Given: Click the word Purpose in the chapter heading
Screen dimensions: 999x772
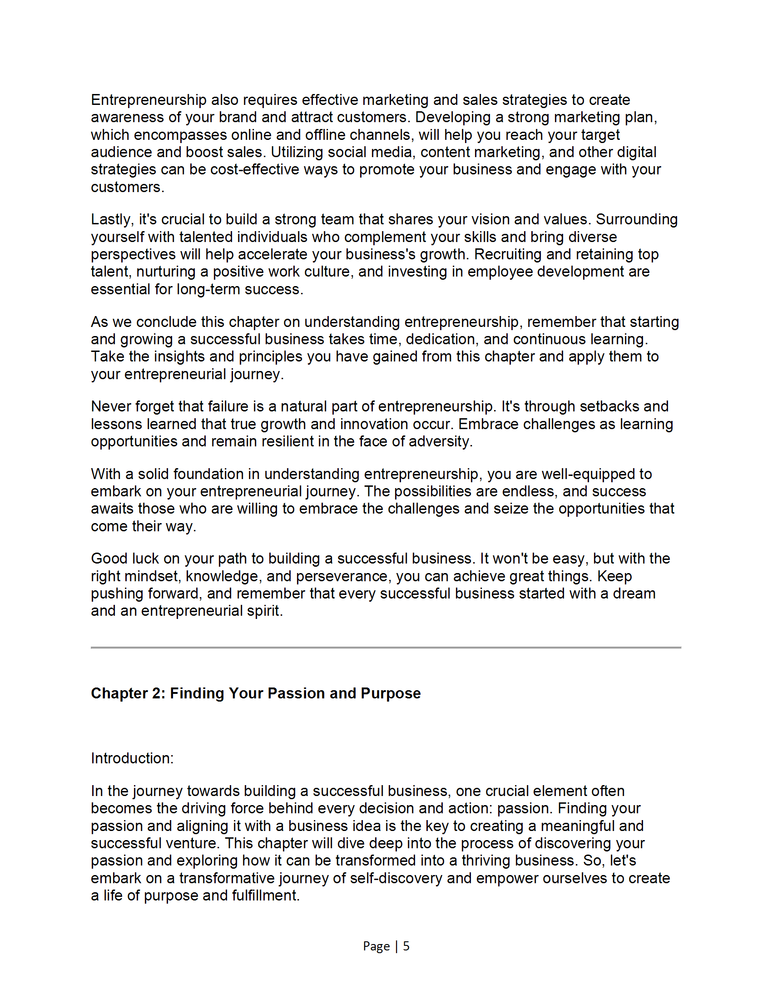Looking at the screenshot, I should pos(390,693).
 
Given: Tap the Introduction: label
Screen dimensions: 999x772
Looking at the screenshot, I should pos(132,758).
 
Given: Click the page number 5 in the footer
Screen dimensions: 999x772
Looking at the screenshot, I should pos(406,945).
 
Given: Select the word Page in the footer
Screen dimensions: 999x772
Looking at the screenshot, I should pos(376,945).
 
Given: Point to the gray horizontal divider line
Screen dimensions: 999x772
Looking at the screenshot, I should pos(386,647).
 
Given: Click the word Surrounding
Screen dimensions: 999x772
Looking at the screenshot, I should pos(637,220).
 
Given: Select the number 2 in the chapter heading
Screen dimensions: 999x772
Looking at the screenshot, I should pos(158,693).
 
